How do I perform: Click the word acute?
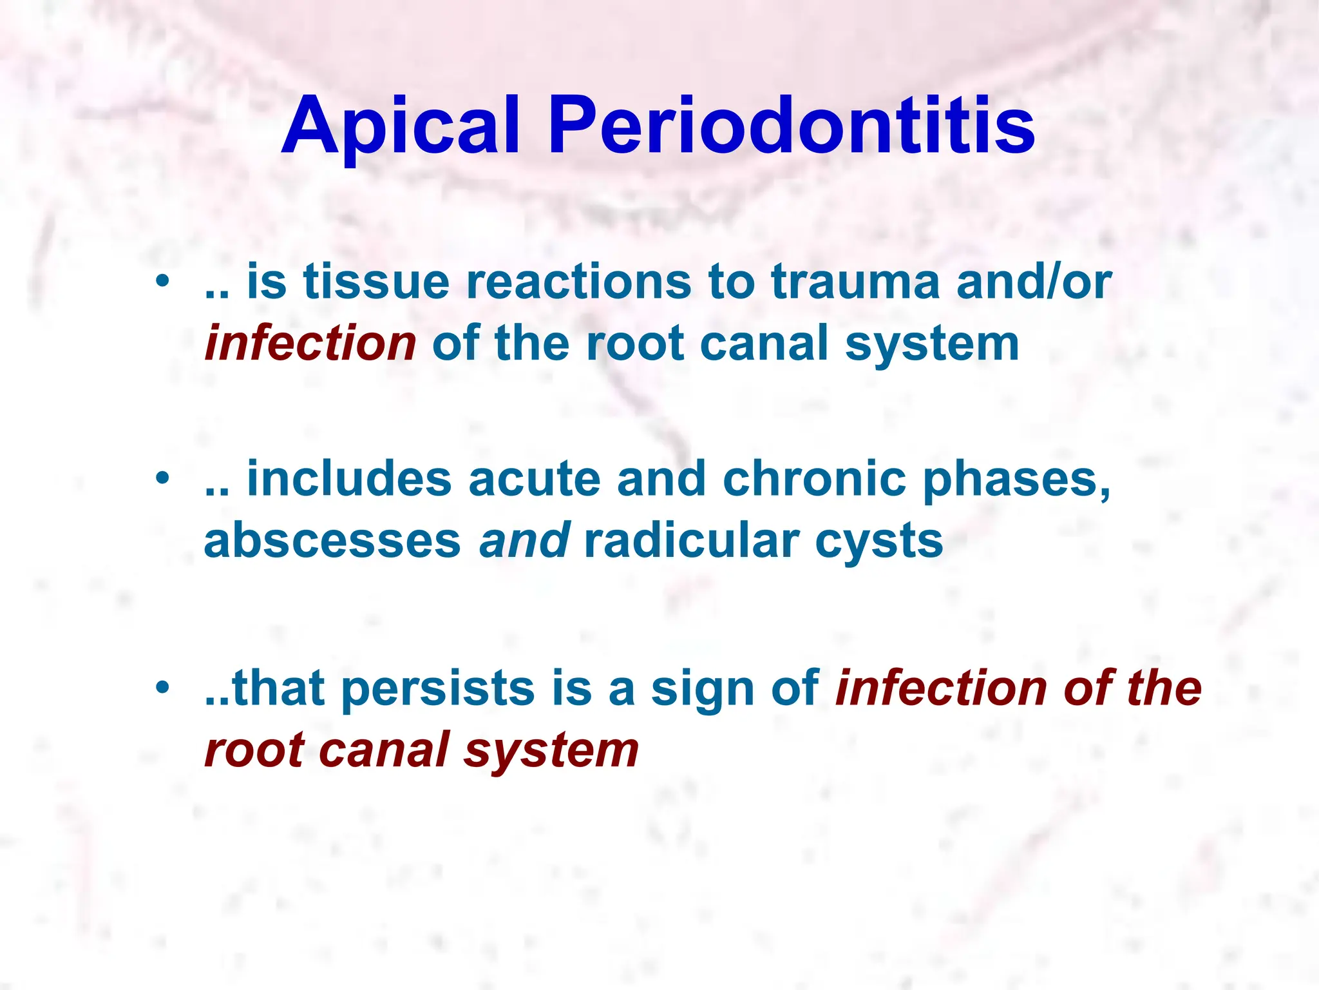(535, 480)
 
